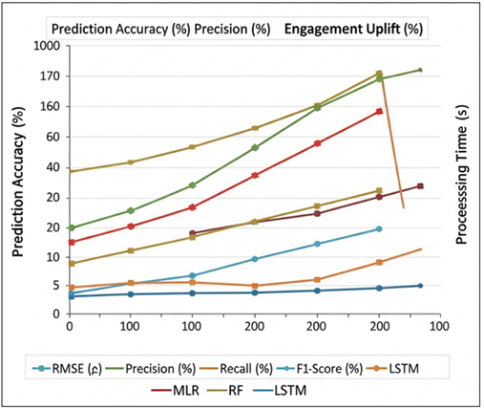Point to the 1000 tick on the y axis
point(42,46)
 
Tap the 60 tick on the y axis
point(50,137)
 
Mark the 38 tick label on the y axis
point(50,167)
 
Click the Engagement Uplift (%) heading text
point(351,29)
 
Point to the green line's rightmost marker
point(420,70)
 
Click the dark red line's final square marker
point(420,185)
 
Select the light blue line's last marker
point(379,228)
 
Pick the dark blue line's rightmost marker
point(420,286)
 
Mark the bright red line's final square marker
point(379,111)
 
